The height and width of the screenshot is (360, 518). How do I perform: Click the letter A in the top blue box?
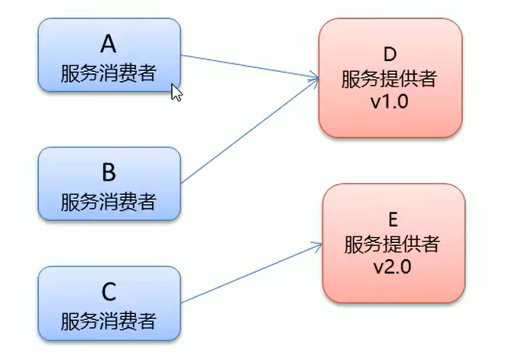click(108, 41)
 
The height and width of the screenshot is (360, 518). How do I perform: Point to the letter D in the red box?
click(390, 55)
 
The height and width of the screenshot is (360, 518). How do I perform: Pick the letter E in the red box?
click(393, 220)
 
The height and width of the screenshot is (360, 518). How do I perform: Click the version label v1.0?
click(390, 102)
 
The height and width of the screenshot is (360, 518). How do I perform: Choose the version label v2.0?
click(393, 268)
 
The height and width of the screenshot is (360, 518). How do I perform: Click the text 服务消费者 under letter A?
click(108, 73)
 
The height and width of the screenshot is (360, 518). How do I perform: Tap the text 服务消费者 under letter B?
click(108, 202)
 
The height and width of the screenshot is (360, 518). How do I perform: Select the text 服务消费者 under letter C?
click(108, 320)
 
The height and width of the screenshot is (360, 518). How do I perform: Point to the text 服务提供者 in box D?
click(390, 79)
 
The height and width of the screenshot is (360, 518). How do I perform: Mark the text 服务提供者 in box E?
click(393, 245)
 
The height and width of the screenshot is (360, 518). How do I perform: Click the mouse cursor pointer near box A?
click(176, 92)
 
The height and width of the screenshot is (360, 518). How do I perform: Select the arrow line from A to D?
click(248, 65)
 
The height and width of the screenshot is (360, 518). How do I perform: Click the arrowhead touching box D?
click(314, 77)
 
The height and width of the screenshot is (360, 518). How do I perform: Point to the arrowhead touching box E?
click(317, 245)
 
